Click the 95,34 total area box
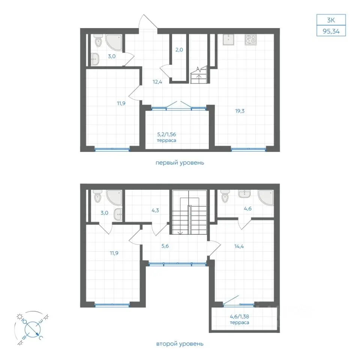(331, 31)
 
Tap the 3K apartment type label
(331, 20)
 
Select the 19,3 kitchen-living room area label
(240, 111)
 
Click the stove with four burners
(250, 39)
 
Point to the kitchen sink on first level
(228, 39)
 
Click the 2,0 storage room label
(179, 50)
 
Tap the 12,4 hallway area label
(157, 82)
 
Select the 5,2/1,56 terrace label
(166, 137)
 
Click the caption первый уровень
(180, 163)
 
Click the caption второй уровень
(180, 344)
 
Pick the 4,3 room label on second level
(155, 210)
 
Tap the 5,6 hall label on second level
(165, 246)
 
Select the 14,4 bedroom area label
(239, 247)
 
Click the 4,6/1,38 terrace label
(240, 319)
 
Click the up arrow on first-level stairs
(199, 77)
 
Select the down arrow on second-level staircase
(180, 232)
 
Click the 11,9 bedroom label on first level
(121, 103)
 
